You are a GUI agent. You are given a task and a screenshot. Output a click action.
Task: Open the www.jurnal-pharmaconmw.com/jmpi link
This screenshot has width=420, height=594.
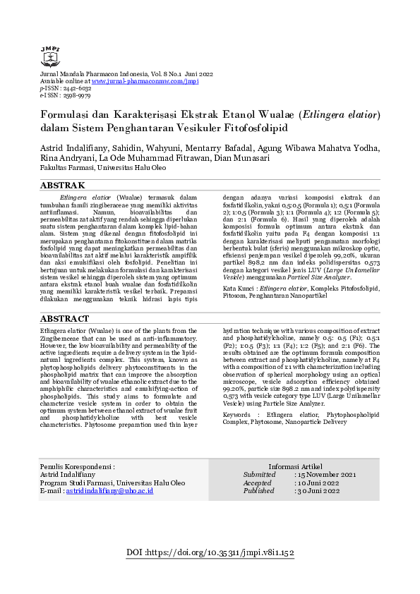(145, 81)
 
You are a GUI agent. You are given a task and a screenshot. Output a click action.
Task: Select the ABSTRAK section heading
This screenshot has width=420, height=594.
(64, 186)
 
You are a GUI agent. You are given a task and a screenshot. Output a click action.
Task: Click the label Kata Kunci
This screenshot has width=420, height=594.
(239, 289)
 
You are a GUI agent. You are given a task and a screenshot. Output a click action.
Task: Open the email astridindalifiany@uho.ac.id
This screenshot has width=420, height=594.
(109, 490)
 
